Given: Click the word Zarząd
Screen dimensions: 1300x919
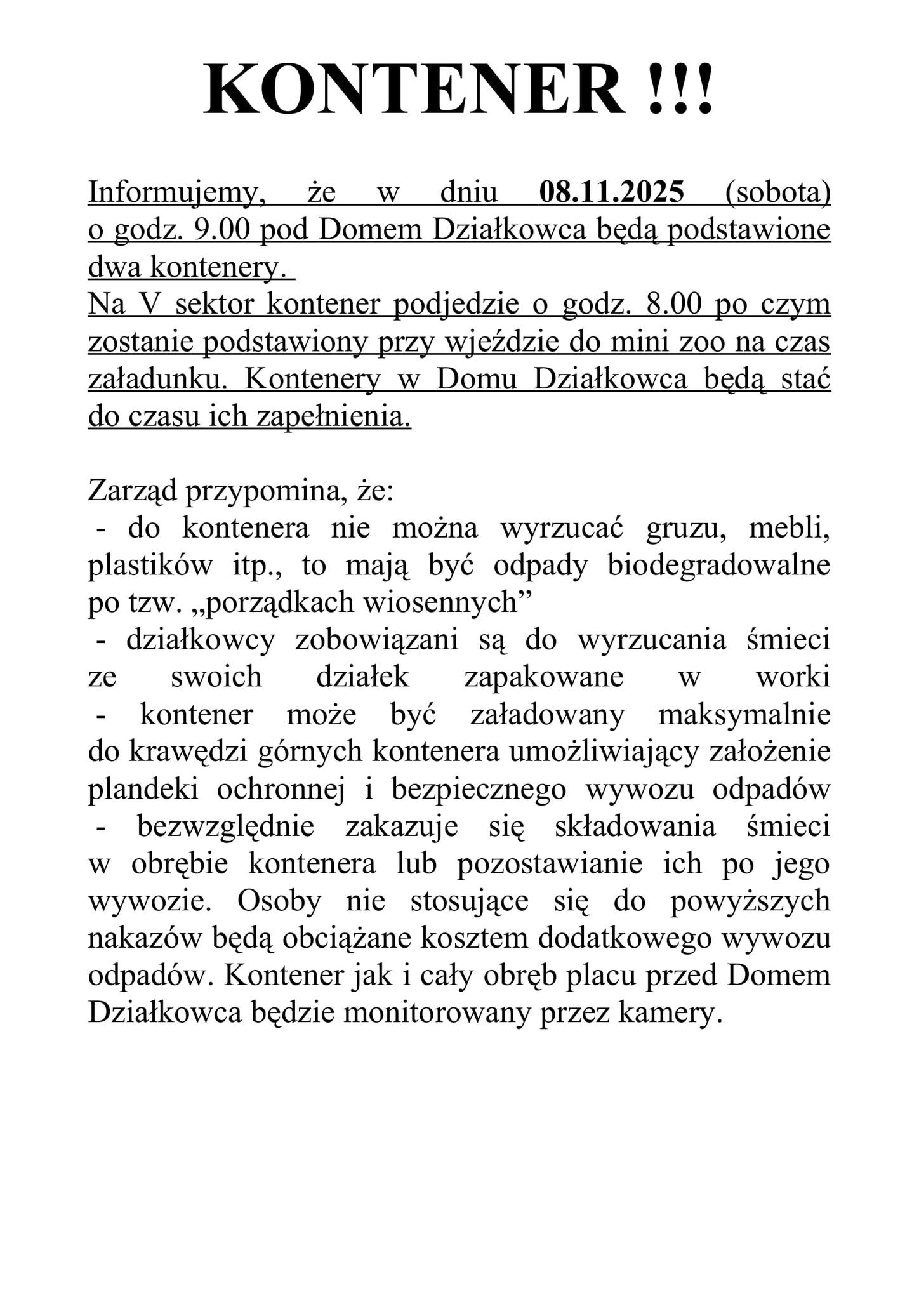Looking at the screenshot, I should (x=132, y=491).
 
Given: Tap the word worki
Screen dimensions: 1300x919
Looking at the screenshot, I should (x=793, y=678).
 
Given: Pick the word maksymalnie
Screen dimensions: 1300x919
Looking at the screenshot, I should (x=744, y=715).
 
